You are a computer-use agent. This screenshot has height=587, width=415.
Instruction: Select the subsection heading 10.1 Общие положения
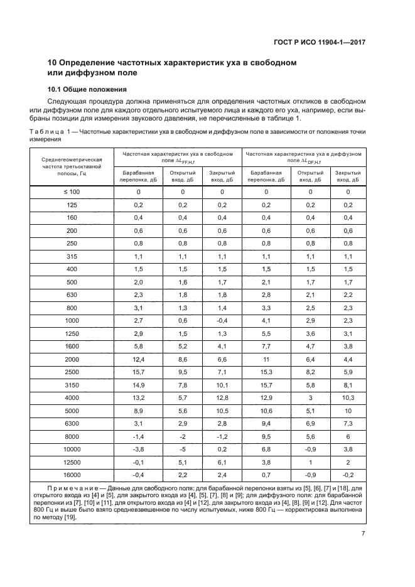point(87,89)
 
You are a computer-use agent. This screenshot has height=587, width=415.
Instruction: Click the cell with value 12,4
point(138,358)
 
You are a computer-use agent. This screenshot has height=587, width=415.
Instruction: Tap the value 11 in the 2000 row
point(266,358)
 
